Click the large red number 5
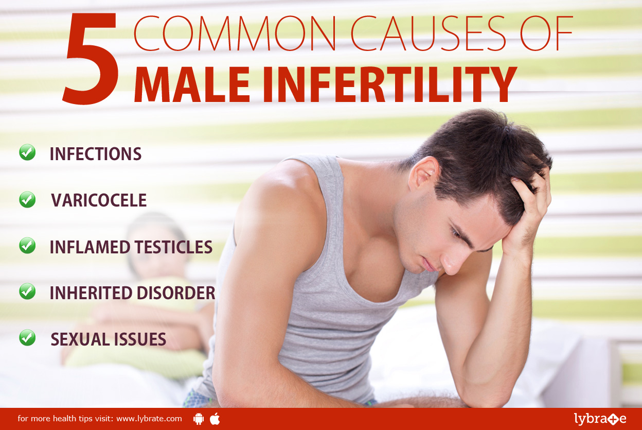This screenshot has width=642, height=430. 91,58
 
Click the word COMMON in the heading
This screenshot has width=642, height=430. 235,33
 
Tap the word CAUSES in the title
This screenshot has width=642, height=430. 428,33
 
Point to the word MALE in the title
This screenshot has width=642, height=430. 192,84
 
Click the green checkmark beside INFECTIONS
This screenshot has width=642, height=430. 27,152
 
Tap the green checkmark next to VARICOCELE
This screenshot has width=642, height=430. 27,199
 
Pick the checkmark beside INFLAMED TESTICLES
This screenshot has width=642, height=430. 27,245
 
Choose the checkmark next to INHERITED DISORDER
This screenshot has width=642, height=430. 27,291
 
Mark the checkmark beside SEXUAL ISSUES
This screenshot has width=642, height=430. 27,338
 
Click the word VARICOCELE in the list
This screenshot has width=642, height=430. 99,200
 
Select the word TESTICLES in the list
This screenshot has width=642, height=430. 173,247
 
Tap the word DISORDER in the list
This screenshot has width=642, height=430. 176,293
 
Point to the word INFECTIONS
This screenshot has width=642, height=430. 96,154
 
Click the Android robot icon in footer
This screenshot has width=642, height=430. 199,419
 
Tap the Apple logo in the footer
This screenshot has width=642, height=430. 215,419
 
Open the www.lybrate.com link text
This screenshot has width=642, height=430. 149,419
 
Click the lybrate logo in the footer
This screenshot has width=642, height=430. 600,419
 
